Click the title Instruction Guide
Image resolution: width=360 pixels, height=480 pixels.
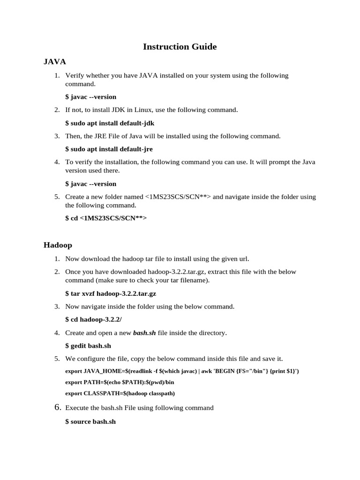180,46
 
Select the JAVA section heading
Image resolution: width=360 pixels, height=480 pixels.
54,61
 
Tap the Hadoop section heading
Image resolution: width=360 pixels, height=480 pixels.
58,245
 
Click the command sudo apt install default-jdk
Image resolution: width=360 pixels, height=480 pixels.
110,123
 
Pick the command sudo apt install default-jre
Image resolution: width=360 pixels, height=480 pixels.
109,149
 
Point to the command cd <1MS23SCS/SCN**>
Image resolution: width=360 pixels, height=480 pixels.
106,218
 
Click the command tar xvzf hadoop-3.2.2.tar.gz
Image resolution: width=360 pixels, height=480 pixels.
111,293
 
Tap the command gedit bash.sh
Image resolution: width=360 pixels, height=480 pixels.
88,346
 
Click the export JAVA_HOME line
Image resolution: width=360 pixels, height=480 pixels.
182,371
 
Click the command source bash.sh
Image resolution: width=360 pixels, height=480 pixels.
90,422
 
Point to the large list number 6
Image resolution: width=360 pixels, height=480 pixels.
58,407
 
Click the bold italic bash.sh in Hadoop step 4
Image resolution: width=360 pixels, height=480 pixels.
144,333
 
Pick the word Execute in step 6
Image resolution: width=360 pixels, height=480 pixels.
77,408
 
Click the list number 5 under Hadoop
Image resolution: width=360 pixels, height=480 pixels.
57,359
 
